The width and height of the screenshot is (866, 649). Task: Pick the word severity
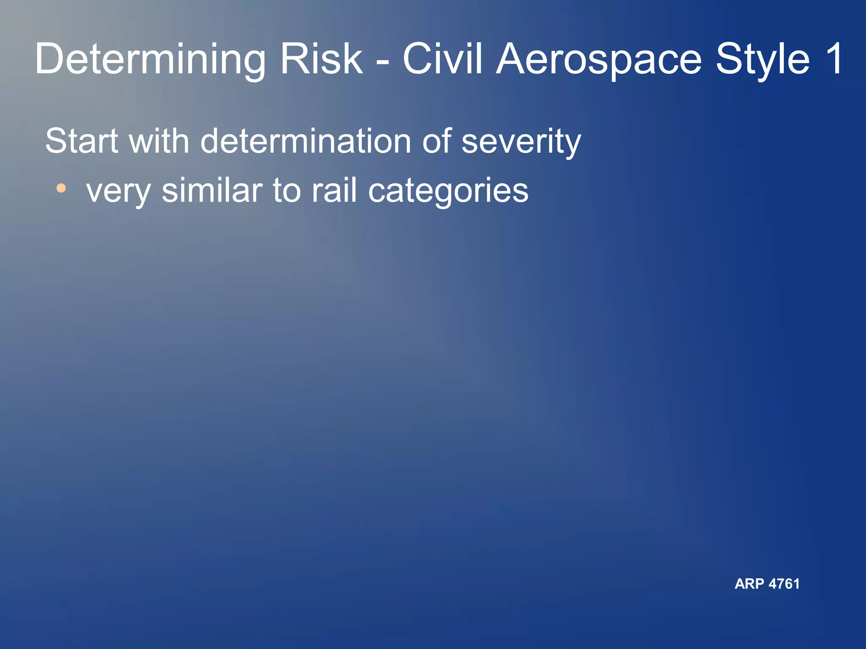coord(521,142)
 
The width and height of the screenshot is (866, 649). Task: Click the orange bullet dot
coord(61,188)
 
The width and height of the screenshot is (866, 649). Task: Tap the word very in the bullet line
coord(118,191)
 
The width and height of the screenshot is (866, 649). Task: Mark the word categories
coord(448,191)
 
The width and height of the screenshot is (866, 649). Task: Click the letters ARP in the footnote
coord(749,584)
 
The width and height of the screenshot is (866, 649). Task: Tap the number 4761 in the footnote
coord(784,584)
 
